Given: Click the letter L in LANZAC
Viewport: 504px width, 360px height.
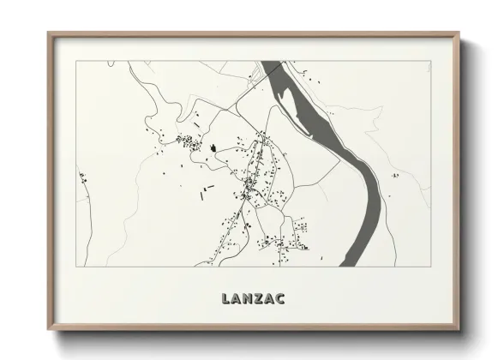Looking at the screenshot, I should coord(225,298).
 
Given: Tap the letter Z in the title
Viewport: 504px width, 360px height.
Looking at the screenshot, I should coord(253,298).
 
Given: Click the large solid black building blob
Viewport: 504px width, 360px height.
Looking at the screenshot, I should coord(211,147).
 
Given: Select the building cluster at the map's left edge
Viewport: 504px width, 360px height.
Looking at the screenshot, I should coord(83,179).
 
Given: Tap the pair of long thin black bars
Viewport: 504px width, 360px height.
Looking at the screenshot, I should coord(207,190).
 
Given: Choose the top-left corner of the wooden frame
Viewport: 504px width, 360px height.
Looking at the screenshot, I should coord(48,33).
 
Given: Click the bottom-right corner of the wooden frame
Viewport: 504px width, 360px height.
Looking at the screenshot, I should coord(459,329).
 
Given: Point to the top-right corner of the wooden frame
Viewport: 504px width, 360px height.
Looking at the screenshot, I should coord(459,33).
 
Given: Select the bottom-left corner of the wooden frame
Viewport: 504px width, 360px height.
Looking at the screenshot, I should coord(48,329).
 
